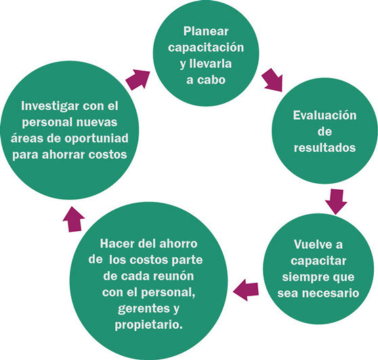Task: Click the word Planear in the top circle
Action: click(206, 31)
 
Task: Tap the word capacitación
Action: click(206, 47)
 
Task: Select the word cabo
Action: click(213, 79)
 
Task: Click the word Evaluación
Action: click(324, 115)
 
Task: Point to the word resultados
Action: click(324, 147)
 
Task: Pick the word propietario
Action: click(148, 325)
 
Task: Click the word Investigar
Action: click(50, 106)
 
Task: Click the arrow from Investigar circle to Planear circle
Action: click(138, 79)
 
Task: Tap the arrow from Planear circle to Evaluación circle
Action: click(272, 80)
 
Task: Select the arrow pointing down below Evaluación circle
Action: click(336, 202)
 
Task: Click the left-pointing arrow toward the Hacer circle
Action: click(246, 289)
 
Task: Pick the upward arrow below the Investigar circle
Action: click(74, 219)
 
